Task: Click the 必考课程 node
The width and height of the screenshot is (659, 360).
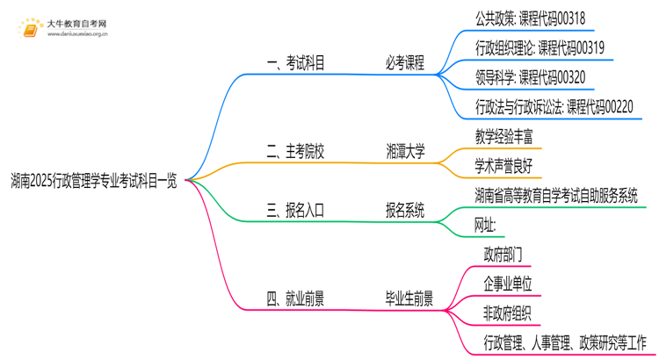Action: pos(404,63)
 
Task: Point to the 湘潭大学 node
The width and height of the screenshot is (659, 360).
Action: pos(404,152)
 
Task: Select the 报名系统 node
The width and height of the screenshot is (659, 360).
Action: pos(404,210)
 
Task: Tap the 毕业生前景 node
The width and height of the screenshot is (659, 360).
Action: pos(409,299)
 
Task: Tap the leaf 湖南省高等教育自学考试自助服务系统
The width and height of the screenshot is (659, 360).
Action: pos(555,195)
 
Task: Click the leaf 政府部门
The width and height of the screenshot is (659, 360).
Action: pos(503,255)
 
